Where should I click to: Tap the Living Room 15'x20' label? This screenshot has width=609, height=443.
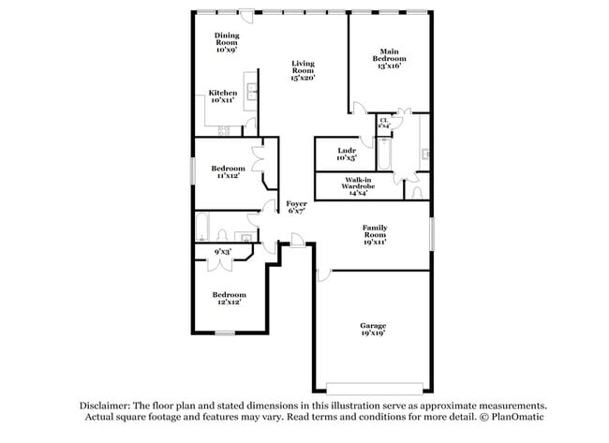tap(302, 71)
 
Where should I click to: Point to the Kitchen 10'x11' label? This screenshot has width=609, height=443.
tap(223, 96)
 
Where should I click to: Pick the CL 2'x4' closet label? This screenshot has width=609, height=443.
tap(384, 123)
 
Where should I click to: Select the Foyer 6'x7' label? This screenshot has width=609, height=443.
tap(296, 207)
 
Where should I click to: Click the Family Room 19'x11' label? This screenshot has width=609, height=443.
tap(375, 233)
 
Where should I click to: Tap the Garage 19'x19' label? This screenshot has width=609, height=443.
tap(372, 329)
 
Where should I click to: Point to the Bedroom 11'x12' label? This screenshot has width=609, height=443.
tap(228, 171)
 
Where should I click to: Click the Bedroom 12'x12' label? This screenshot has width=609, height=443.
tap(229, 298)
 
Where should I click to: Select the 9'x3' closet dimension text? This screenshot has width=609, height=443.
tap(222, 251)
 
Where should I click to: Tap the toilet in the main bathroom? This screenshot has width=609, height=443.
tap(417, 191)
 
